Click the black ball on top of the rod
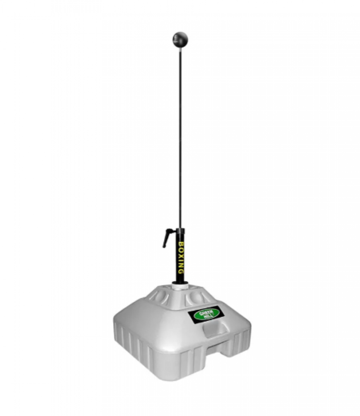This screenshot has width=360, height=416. click(180, 39)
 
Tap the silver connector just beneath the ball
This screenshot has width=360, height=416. click(180, 48)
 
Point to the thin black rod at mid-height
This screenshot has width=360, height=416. click(180, 138)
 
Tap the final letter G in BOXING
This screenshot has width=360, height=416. click(180, 272)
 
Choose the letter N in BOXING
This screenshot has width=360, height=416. click(181, 266)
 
